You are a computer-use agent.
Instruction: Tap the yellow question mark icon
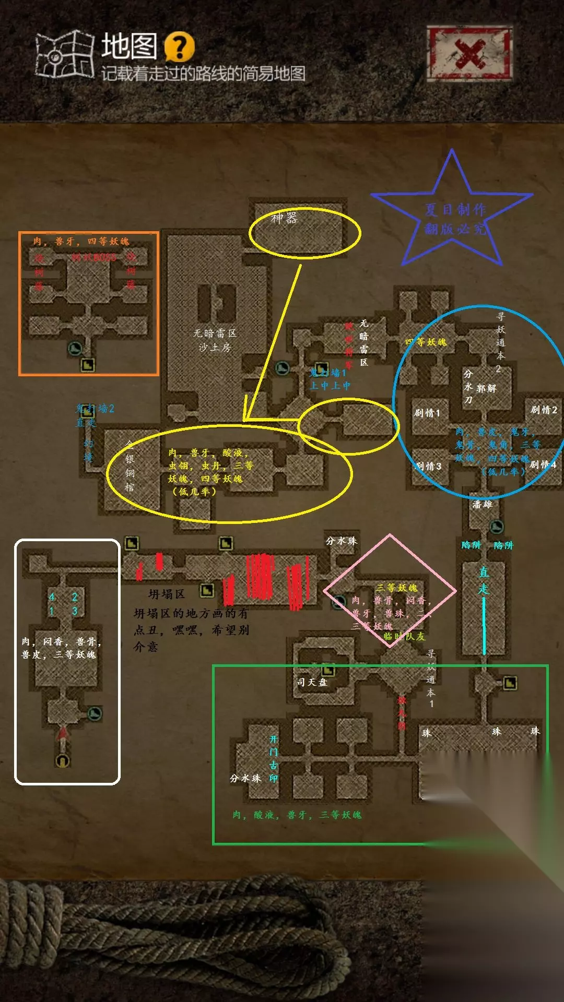[179, 47]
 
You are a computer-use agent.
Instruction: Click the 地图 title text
[129, 46]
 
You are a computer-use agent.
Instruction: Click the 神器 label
[284, 218]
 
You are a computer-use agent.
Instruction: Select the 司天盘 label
[312, 682]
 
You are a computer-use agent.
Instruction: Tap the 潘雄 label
[482, 504]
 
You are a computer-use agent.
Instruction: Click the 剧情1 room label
[427, 413]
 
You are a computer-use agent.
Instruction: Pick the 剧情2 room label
[544, 410]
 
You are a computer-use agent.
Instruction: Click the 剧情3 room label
[428, 466]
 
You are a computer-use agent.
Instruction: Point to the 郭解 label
[486, 388]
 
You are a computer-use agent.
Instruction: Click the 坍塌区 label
[167, 594]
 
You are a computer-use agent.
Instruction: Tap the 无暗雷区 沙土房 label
[215, 340]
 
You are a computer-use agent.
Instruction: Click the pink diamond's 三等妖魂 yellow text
[397, 588]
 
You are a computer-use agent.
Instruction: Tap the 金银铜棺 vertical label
[130, 466]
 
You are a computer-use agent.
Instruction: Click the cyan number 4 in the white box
[52, 597]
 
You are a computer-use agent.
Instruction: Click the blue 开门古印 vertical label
[273, 759]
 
